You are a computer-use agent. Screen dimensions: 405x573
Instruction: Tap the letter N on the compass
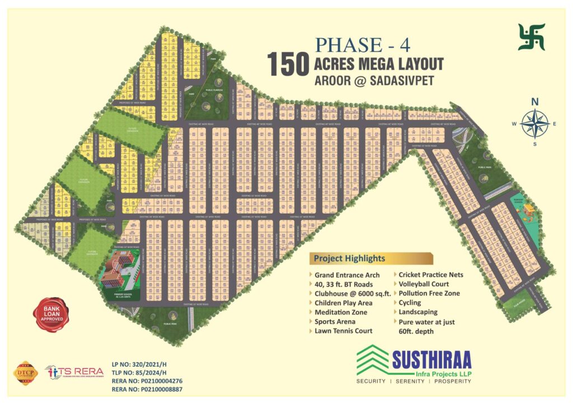point(534,102)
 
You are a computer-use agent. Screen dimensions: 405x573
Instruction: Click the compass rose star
point(534,124)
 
